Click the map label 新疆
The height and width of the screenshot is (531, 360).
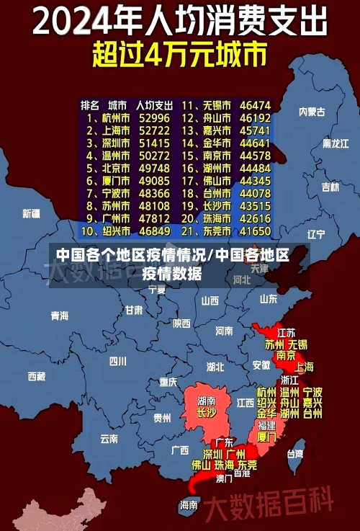31,213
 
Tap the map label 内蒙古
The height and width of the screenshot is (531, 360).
312,112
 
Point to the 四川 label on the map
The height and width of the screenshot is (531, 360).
117,361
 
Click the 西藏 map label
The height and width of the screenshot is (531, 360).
37,376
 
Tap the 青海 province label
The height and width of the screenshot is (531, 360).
59,316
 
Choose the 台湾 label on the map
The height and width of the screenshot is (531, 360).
295,454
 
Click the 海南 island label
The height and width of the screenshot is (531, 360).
189,505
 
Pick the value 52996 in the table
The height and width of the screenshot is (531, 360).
154,117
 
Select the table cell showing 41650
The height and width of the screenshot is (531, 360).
255,231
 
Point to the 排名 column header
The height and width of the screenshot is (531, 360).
90,104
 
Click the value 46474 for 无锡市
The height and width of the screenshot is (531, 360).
255,104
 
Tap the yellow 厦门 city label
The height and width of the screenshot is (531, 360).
266,437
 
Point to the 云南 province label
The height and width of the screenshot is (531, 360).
109,437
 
